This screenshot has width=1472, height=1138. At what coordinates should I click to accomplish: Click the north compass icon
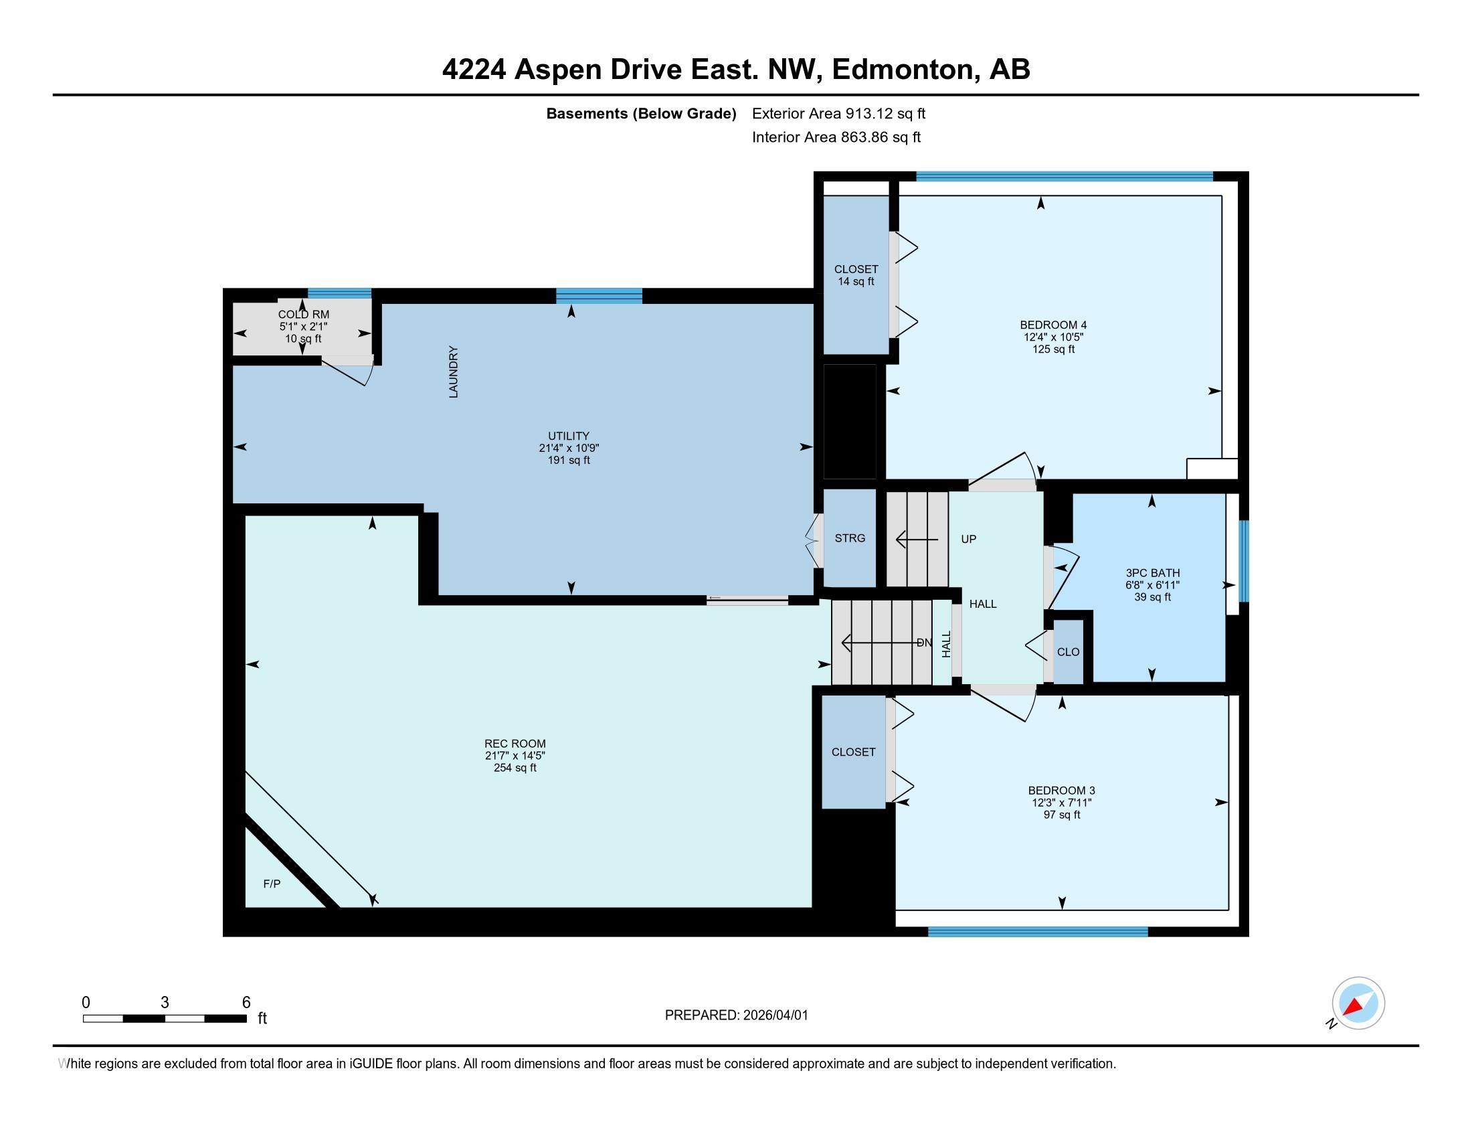pos(1358,1003)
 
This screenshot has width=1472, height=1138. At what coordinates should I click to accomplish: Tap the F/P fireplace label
pos(272,883)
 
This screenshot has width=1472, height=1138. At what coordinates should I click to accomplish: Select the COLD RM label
pos(303,314)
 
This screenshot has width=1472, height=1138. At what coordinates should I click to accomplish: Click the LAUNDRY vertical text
pos(454,372)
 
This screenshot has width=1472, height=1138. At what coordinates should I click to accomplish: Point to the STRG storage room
pos(849,538)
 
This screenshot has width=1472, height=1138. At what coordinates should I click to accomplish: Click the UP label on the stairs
pos(968,540)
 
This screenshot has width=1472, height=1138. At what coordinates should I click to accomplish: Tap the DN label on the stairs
pos(924,643)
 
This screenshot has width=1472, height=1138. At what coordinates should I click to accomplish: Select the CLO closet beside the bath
pos(1068,652)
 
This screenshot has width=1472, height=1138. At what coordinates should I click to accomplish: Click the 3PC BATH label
pos(1152,573)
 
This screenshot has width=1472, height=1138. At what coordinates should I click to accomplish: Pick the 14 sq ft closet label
pos(856,282)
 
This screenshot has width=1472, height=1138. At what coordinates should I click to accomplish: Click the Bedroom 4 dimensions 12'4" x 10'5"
pos(1052,337)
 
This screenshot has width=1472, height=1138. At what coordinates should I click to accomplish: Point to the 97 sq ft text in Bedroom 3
pos(1062,815)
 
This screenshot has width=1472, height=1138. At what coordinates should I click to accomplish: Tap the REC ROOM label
pos(515,744)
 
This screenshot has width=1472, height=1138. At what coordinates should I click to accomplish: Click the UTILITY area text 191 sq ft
pos(568,461)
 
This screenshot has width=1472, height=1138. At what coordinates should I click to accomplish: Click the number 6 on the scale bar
pos(246,1003)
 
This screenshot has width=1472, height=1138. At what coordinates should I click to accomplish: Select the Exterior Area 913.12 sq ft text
pos(838,113)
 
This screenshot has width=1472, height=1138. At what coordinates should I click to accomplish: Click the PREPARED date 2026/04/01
pos(774,1015)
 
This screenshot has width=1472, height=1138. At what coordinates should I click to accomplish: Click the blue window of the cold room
pos(339,293)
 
